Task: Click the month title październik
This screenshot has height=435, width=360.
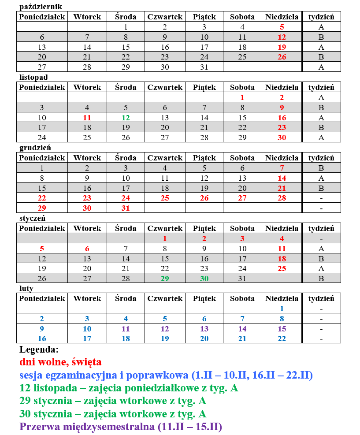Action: coord(41,7)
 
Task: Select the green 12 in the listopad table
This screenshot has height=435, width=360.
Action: coord(126,118)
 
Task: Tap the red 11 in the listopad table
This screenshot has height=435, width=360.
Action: coord(87,118)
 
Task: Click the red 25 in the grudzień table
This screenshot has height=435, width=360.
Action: coord(165,198)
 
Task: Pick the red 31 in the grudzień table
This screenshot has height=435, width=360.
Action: coord(126,208)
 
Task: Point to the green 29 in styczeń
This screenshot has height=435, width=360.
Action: coord(165,279)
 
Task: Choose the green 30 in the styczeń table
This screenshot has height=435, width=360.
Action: coord(204,279)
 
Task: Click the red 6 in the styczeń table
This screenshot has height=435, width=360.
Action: coord(87,249)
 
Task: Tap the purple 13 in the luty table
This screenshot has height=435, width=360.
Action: coord(204,329)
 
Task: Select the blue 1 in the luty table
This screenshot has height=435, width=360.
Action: coord(282,309)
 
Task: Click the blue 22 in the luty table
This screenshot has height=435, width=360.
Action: coord(282,339)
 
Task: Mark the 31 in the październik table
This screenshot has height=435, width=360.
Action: coord(204,67)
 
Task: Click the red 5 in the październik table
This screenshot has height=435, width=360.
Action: coord(282,27)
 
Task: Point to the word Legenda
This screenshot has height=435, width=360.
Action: coord(39,350)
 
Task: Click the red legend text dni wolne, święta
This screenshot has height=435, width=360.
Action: coord(60,362)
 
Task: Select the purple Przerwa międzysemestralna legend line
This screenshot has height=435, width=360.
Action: coord(121,427)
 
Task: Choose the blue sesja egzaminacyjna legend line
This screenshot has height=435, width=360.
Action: coord(166,376)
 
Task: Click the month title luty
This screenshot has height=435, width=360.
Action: coord(26,289)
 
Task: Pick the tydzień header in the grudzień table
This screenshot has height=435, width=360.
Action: coord(321,158)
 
